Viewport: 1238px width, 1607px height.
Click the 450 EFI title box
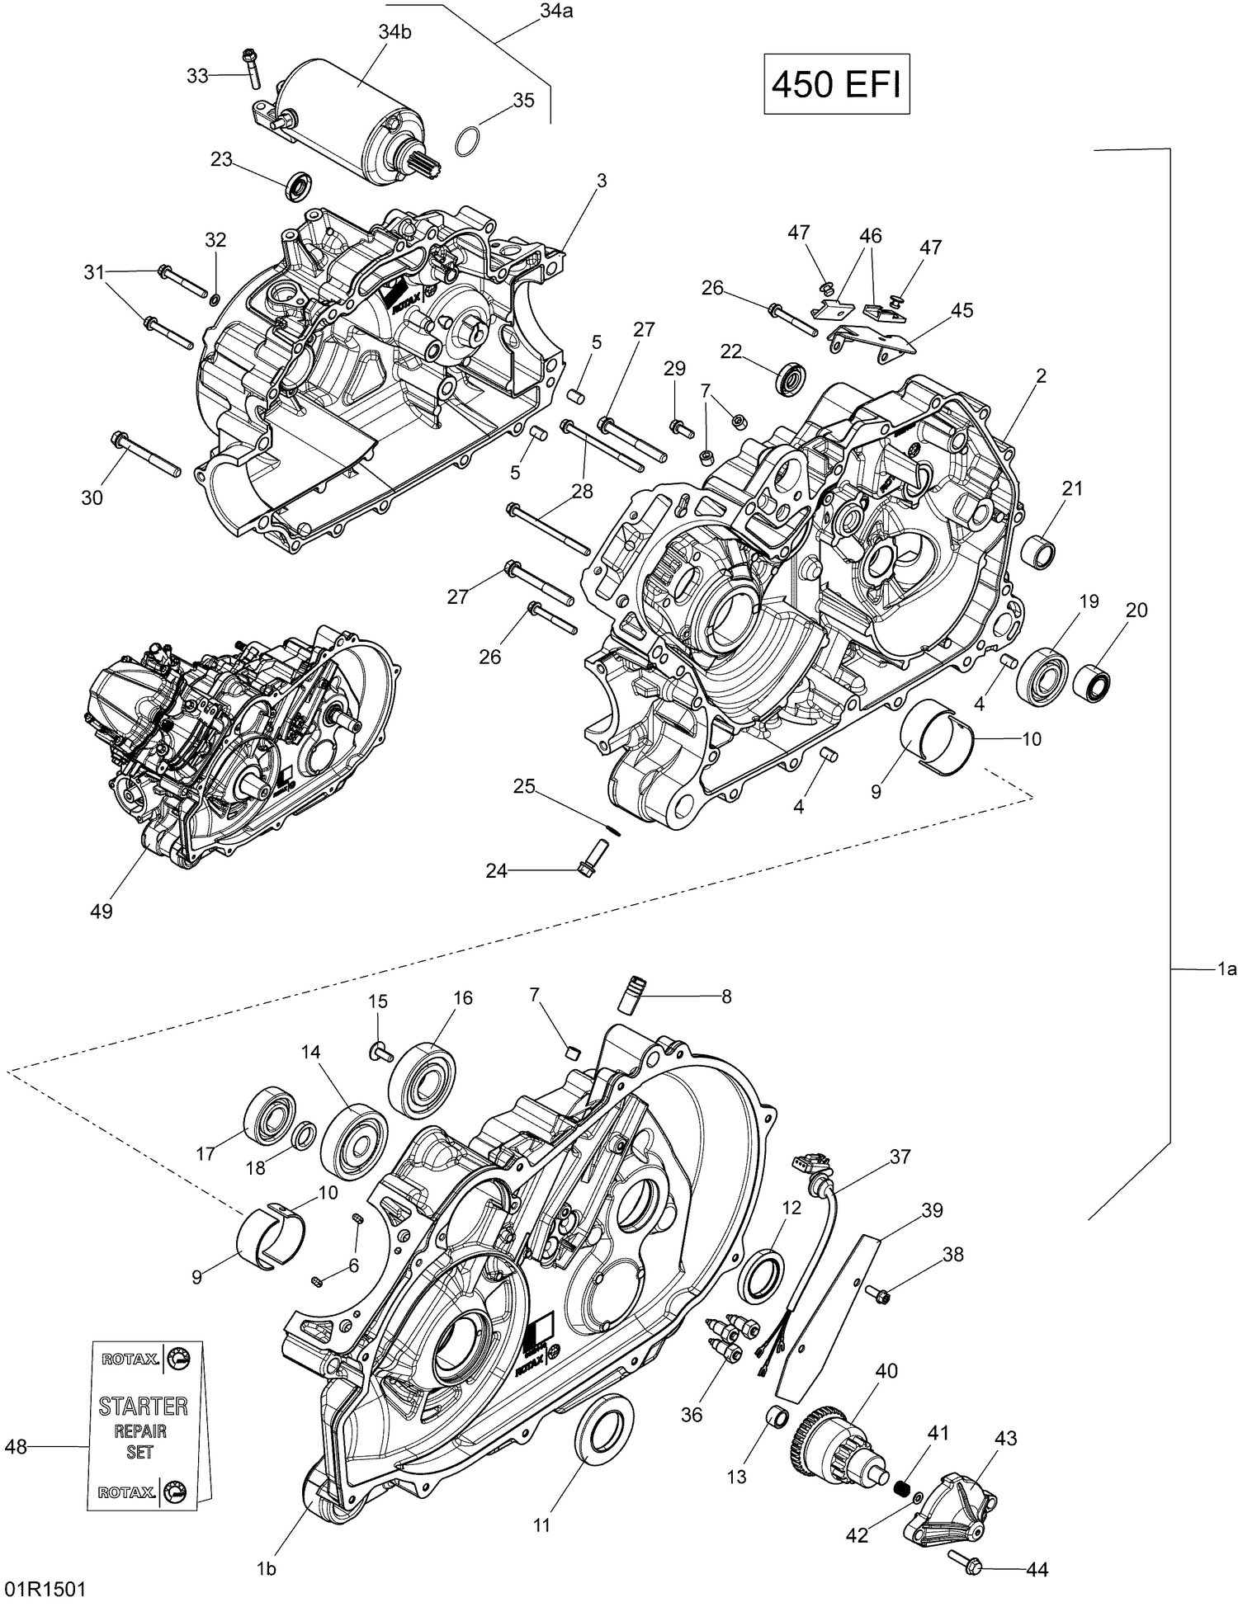(836, 84)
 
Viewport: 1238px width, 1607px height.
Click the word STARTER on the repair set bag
(143, 1406)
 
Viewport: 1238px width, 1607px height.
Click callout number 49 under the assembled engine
(102, 911)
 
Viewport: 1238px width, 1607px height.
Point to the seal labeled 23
(299, 186)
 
